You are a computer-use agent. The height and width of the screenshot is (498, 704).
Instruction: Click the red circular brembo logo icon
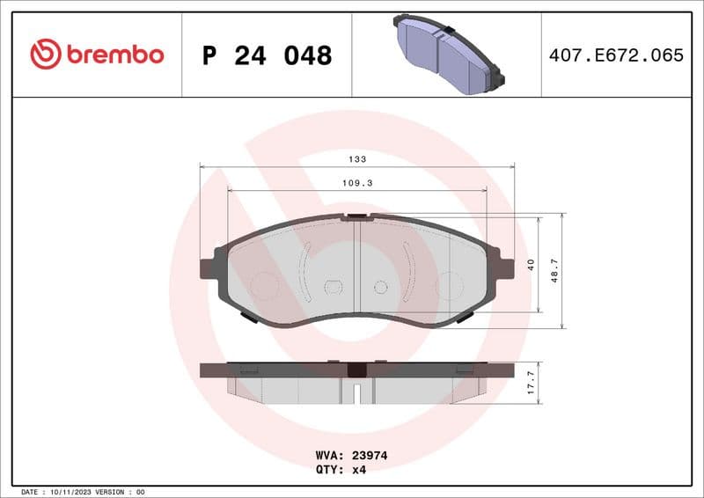[x=46, y=55]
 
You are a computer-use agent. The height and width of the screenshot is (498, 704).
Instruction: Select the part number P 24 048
[x=267, y=55]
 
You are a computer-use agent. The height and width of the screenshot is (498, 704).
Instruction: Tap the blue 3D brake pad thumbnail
[x=448, y=55]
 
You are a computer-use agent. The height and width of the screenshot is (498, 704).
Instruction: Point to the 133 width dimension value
[x=357, y=159]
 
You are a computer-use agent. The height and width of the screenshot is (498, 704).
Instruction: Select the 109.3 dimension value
[x=357, y=183]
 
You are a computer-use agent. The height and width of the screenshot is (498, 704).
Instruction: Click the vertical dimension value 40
[x=531, y=265]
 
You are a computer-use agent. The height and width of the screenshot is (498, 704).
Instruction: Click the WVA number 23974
[x=370, y=456]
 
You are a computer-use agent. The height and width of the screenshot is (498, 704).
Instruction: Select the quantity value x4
[x=359, y=470]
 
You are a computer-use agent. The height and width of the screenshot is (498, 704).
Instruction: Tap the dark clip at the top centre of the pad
[x=357, y=216]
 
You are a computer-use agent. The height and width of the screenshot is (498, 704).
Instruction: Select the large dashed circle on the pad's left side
[x=264, y=285]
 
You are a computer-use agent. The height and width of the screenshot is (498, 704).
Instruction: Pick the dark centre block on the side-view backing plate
[x=356, y=370]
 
